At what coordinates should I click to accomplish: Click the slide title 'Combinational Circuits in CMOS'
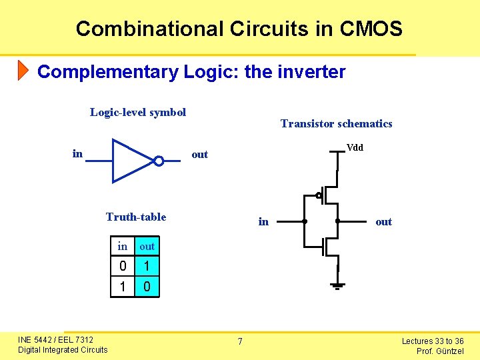click(x=239, y=29)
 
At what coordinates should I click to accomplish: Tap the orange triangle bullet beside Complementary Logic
click(x=23, y=70)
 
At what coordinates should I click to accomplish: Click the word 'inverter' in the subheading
click(x=315, y=72)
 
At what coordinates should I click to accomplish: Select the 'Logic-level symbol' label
click(x=138, y=112)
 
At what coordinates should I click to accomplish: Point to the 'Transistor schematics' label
click(x=336, y=123)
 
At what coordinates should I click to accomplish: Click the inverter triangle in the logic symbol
click(x=131, y=161)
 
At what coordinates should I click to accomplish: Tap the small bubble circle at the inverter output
click(x=159, y=161)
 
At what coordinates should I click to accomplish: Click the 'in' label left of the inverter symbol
click(x=77, y=154)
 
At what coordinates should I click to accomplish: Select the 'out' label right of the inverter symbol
click(x=200, y=155)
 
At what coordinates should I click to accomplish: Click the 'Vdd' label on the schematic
click(x=355, y=148)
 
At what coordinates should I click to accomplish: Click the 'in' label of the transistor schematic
click(x=263, y=221)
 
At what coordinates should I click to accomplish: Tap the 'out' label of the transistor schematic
click(x=383, y=222)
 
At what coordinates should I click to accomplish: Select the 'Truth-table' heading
click(x=136, y=217)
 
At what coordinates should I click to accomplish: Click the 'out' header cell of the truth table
click(x=147, y=247)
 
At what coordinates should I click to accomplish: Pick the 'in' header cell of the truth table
click(x=123, y=247)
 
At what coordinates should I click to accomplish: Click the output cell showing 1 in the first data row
click(x=147, y=267)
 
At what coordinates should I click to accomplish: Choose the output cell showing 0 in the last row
click(x=147, y=287)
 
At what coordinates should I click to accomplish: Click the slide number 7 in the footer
click(x=241, y=342)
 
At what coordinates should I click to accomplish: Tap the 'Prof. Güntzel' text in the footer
click(x=440, y=351)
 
